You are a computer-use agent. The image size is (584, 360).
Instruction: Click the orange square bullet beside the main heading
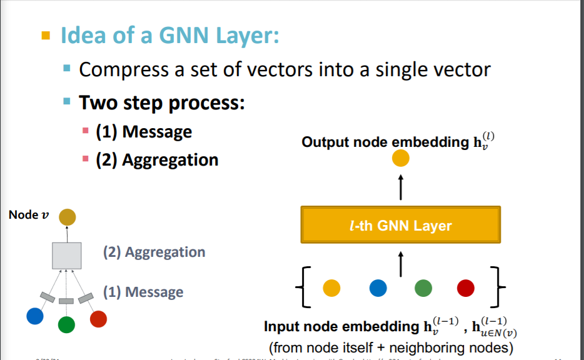45,35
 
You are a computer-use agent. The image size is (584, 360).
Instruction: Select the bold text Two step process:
161,102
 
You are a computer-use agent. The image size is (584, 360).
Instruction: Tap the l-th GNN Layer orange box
400,226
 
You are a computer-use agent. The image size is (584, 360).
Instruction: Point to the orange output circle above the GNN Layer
400,159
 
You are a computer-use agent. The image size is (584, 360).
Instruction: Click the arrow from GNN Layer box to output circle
400,187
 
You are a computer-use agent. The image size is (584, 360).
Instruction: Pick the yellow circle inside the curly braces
331,287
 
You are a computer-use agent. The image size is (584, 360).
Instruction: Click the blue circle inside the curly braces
378,287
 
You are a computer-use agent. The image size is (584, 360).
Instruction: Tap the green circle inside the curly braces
424,287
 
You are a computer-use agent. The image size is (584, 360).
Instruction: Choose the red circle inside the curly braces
466,287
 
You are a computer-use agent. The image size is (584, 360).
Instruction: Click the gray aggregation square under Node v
67,255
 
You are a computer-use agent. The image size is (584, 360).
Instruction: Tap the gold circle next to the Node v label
68,217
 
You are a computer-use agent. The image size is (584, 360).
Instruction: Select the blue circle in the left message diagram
35,317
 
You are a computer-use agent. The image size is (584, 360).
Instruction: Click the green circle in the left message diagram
66,324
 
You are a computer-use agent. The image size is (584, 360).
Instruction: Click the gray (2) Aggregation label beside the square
154,252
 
